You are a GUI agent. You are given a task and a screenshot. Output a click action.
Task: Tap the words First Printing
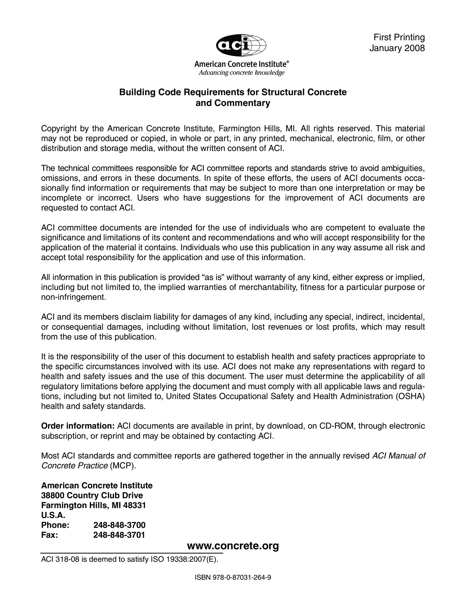coord(399,37)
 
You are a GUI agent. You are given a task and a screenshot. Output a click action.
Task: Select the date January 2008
coord(397,48)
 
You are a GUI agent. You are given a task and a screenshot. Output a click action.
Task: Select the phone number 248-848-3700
coord(119,525)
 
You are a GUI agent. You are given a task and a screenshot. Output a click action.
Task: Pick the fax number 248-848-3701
coord(119,535)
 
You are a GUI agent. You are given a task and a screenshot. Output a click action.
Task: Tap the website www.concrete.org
coord(233,546)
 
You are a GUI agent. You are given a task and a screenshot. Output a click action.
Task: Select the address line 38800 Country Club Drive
coord(92,495)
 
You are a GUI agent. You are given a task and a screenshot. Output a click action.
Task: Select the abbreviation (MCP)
coord(123,466)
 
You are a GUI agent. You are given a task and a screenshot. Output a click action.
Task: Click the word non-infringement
coord(73,297)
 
